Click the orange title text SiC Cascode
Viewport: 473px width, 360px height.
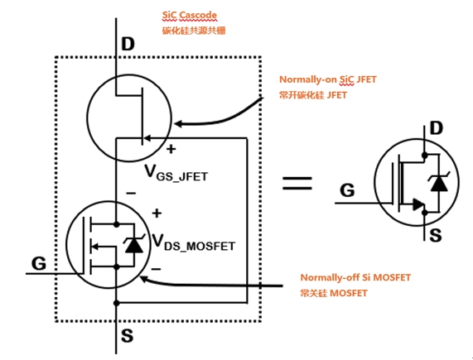tap(190, 15)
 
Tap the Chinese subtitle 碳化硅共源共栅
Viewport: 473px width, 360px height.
tap(194, 31)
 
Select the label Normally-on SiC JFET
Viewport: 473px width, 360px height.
tap(328, 79)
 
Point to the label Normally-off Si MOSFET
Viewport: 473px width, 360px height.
tap(355, 277)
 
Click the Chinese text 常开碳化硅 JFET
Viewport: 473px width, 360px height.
tap(313, 95)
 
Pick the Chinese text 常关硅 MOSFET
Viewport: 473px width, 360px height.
tap(334, 293)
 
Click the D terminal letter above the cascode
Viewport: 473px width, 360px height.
tap(128, 44)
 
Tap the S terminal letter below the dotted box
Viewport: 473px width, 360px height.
tap(127, 335)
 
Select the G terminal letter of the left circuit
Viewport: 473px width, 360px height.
tap(39, 263)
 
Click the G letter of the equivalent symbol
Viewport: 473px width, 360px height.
tap(347, 190)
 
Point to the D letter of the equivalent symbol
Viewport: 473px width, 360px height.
tap(437, 127)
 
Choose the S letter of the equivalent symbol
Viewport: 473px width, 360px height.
tap(436, 235)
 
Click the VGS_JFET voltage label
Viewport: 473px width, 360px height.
tap(176, 173)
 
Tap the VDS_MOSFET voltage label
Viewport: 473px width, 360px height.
tap(193, 242)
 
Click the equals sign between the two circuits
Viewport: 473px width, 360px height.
tap(297, 183)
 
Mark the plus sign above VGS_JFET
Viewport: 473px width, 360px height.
tap(171, 149)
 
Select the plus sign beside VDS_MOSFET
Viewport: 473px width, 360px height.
tap(157, 214)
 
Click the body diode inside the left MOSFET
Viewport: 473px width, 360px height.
tap(134, 245)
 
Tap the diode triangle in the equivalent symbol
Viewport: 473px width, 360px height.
tap(439, 183)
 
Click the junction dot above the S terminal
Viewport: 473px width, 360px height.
tap(117, 303)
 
